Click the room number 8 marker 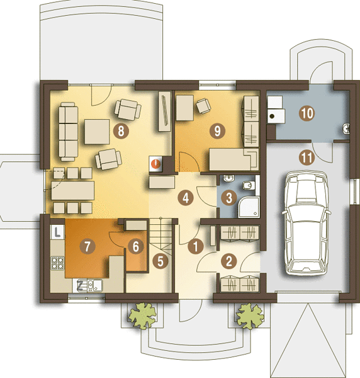coord(121,131)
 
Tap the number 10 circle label coord(307,113)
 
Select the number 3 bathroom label coord(229,198)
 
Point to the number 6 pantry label coord(136,246)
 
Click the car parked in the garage coord(306,223)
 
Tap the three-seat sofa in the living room coord(69,132)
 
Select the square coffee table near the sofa coord(97,132)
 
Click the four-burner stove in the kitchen coord(57,263)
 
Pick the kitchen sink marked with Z coord(90,285)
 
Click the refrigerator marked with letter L coord(57,232)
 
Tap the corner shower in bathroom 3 coord(249,207)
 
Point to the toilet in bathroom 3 coord(249,185)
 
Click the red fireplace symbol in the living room coord(155,164)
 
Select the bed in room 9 coord(234,159)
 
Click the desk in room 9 coord(184,108)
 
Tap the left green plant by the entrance coord(143,316)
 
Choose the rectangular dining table coord(73,190)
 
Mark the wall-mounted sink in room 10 coord(346,128)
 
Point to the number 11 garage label coord(307,158)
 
